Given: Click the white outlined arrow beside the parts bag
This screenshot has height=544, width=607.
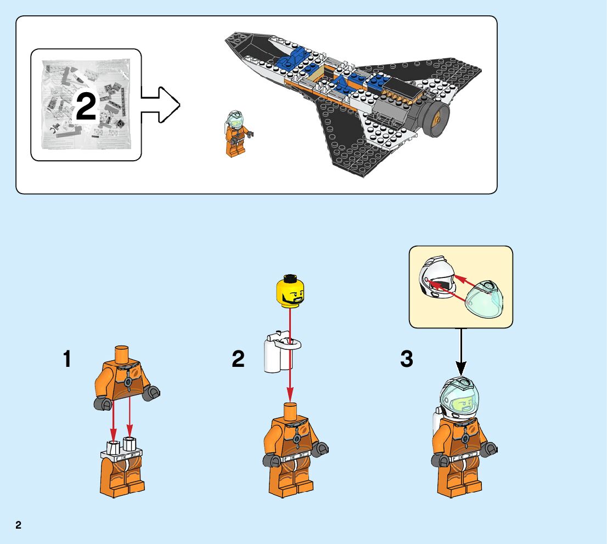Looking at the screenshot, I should pos(160,104).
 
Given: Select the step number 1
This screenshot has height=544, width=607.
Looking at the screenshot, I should pos(67,360).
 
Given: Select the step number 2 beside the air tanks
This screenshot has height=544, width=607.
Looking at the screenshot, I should pos(238,360).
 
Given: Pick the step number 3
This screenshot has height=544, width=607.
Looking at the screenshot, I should pos(406,360).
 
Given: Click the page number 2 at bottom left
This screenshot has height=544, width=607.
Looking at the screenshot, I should pos(18,525).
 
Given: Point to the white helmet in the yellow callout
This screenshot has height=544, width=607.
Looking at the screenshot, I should pos(435,280).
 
